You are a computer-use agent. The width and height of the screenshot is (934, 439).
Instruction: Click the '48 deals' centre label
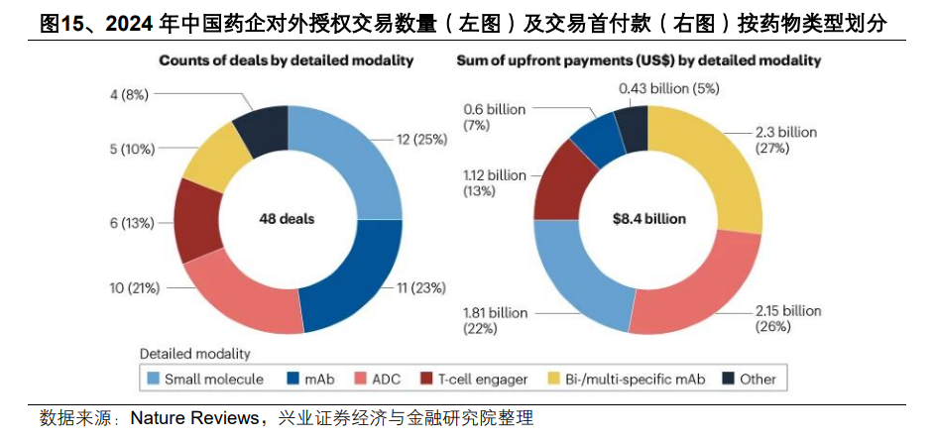coord(288,218)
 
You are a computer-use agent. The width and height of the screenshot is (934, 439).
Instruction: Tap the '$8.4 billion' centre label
coord(648,218)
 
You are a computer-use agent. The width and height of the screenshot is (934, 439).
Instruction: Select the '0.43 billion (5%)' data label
coord(668,89)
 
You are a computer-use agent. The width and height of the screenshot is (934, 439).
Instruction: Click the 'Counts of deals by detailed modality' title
coord(286,60)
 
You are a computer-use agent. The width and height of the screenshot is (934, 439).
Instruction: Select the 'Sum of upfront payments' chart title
coord(638,60)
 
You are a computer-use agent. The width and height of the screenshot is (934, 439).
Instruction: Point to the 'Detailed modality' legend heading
coord(194,353)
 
